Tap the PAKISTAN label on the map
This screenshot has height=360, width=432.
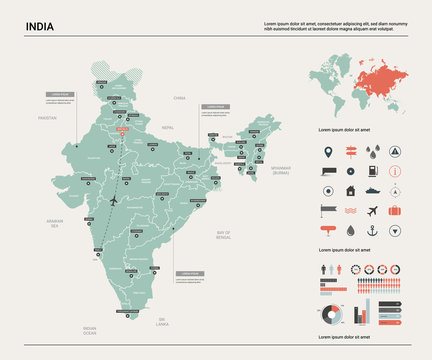(47, 117)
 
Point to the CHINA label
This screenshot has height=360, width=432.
(179, 98)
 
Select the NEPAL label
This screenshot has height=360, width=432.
(168, 127)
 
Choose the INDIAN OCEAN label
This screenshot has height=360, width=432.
(90, 329)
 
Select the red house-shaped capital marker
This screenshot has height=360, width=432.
(122, 129)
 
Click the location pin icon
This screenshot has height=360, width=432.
(329, 153)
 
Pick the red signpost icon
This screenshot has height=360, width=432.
(351, 153)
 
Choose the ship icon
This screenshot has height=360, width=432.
(373, 190)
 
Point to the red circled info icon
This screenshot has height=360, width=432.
(396, 190)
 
